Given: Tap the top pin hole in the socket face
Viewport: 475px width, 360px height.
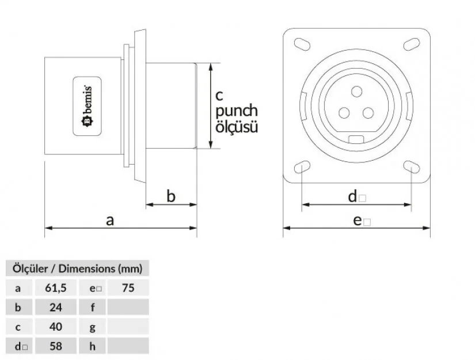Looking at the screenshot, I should (357, 90).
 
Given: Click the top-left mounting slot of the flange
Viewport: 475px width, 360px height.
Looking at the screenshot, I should (302, 44).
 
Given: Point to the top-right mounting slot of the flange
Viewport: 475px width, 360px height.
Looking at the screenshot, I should (411, 44).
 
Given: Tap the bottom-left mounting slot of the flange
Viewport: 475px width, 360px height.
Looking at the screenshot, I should (302, 168).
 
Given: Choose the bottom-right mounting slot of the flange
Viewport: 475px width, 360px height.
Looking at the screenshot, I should (411, 168).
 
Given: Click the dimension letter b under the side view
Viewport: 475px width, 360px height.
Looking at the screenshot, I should (171, 196).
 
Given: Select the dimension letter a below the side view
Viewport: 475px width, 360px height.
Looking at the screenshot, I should (111, 219).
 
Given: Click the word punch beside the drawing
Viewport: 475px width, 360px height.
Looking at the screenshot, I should (237, 111).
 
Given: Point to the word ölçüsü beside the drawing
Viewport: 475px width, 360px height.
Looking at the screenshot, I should (237, 127).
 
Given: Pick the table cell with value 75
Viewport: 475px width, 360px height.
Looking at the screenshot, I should (128, 288).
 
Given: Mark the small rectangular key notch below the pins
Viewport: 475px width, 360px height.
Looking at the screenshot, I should (357, 139).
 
